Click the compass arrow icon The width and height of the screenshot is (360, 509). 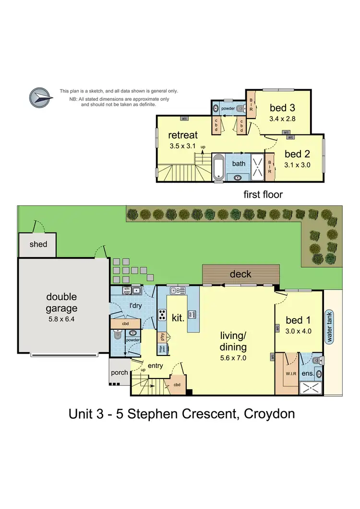coord(41,97)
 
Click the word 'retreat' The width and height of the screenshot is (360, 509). coord(183,136)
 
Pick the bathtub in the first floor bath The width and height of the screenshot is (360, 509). coord(219,166)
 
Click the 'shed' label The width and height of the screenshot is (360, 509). coord(38,244)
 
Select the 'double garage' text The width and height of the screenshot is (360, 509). coord(61,303)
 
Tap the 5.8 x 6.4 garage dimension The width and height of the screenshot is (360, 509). coord(61,319)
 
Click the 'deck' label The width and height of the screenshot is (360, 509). coord(240,274)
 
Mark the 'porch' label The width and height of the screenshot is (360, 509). coord(119,372)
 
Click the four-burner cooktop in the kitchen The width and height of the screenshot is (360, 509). coord(163,316)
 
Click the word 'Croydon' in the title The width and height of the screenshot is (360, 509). coord(268,413)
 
